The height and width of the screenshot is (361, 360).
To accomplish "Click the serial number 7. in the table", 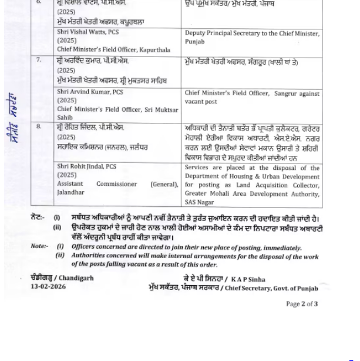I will point(39,61).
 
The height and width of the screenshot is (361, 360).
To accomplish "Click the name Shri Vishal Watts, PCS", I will point(88,32).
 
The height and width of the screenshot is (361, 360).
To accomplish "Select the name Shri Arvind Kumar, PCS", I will point(90,92).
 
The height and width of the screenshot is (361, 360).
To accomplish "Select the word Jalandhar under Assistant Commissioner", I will point(70,193).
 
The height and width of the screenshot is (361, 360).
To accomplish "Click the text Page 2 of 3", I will point(302,304).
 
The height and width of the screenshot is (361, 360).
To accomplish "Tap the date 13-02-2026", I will point(48,287).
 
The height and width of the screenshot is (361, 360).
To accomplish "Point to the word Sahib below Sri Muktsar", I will point(65,118).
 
